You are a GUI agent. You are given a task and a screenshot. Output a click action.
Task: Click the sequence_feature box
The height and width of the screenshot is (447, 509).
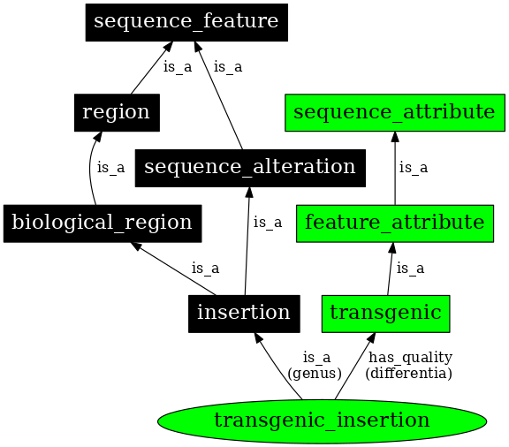coord(186,22)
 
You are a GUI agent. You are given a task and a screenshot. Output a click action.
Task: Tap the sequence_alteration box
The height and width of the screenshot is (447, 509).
coord(250,167)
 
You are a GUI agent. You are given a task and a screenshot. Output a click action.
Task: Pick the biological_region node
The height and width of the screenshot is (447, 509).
coord(103,222)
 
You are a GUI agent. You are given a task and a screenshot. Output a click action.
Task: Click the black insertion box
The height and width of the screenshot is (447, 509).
coord(244,313)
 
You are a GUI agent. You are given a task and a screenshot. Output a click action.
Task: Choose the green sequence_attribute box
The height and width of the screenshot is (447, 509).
coord(393,112)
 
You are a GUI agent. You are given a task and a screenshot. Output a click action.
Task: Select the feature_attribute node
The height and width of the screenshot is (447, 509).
coord(393,222)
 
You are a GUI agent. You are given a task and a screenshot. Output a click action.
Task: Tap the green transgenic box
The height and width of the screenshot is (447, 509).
coord(386,313)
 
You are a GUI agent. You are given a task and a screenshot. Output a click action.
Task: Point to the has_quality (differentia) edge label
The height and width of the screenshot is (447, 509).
coord(410,365)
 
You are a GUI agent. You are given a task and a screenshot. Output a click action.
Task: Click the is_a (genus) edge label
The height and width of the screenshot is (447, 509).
coord(316,365)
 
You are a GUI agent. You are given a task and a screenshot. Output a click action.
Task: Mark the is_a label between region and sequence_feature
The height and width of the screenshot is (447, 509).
coord(178,67)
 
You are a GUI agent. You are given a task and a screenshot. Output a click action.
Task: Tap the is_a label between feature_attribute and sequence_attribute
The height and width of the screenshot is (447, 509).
coord(413,167)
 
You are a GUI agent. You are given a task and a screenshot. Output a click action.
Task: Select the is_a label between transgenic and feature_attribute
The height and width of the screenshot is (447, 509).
coord(410,268)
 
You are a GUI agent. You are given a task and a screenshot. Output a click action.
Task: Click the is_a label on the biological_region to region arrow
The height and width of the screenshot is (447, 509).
coord(110,166)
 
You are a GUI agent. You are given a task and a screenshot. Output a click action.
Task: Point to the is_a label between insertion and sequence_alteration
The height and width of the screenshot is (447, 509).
coord(268,222)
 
